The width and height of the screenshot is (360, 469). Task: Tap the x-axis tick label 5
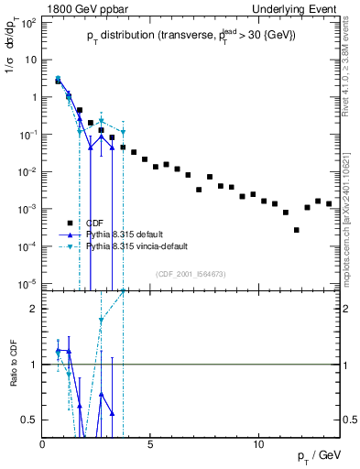tap(151, 442)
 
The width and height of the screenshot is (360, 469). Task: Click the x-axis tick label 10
tap(258, 442)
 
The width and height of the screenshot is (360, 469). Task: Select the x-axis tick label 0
tap(43, 442)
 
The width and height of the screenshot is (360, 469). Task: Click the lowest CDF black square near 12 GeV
tap(297, 230)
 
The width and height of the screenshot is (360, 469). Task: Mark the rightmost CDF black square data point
tap(329, 203)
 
